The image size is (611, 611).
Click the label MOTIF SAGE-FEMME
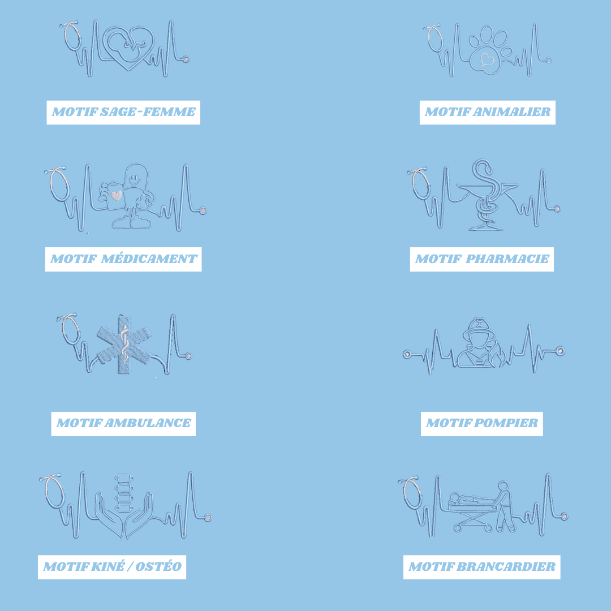[x=123, y=112]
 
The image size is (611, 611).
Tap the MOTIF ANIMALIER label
[x=488, y=112]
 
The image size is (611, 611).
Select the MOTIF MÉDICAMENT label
[x=123, y=259]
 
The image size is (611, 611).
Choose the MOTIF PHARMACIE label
[x=482, y=259]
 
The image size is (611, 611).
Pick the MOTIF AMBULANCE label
[x=123, y=424]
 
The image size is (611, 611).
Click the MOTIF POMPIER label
[x=482, y=424]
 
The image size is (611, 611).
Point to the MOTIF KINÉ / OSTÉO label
[x=112, y=567]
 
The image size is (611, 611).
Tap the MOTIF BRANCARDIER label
[x=482, y=567]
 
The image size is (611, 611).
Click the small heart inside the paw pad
[x=487, y=59]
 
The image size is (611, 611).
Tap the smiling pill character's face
[x=135, y=180]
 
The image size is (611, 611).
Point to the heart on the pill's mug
[x=117, y=195]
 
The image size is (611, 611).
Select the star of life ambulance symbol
[x=124, y=345]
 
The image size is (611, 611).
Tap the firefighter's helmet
[x=479, y=329]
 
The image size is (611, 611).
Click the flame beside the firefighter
[x=498, y=356]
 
